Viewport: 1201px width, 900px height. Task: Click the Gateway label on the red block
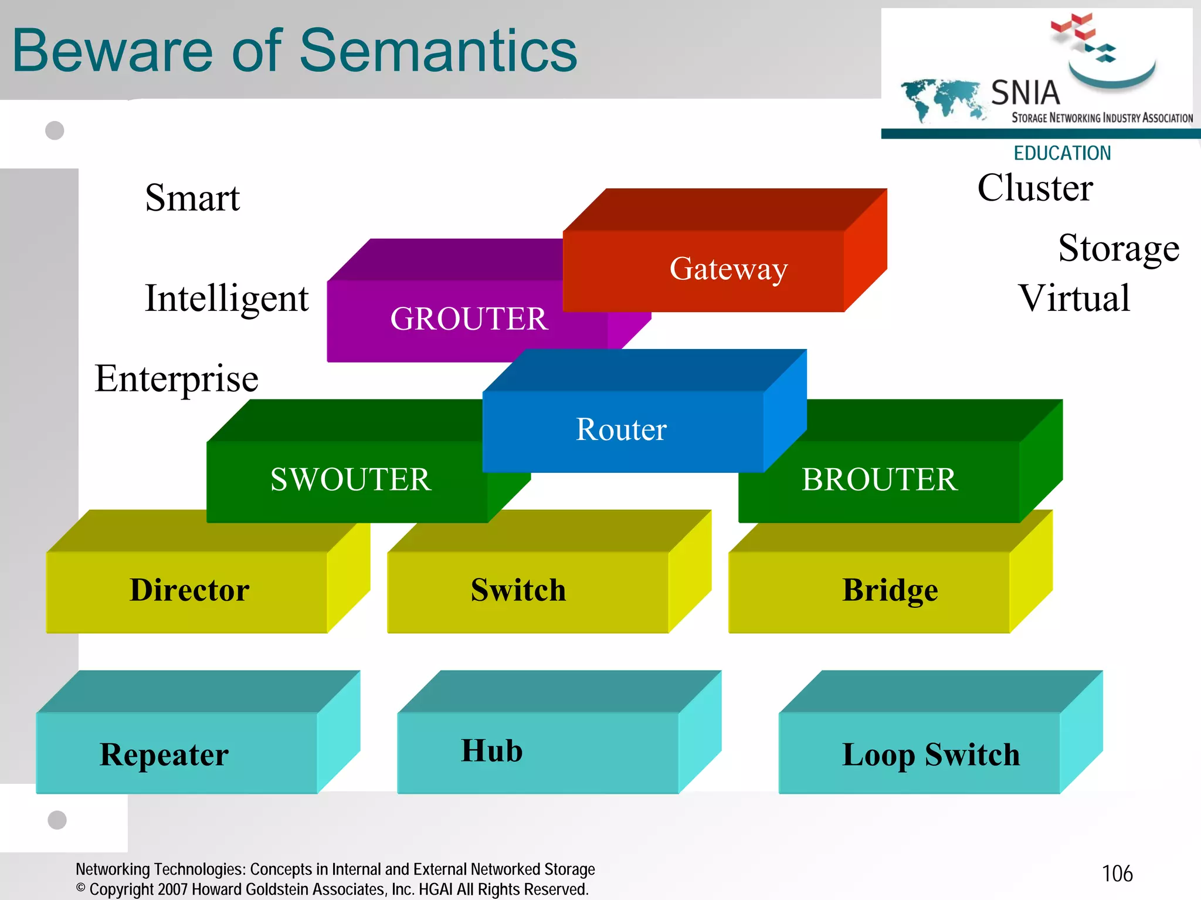pyautogui.click(x=728, y=269)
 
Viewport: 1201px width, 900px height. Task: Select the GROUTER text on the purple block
pyautogui.click(x=469, y=319)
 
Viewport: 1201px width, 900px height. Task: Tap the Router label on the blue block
pyautogui.click(x=621, y=429)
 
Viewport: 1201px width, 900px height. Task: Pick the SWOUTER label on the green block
pyautogui.click(x=351, y=479)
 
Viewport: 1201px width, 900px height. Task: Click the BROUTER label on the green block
pyautogui.click(x=879, y=479)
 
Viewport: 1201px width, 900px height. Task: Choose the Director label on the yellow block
pyautogui.click(x=189, y=590)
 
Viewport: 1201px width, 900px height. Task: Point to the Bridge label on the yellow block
pyautogui.click(x=890, y=590)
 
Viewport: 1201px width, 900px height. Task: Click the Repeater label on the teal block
pyautogui.click(x=164, y=754)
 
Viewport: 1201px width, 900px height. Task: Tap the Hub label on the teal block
pyautogui.click(x=491, y=751)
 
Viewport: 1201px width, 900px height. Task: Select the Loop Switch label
pyautogui.click(x=931, y=754)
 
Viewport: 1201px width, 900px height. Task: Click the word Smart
pyautogui.click(x=192, y=198)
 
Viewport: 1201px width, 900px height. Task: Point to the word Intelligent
pyautogui.click(x=226, y=299)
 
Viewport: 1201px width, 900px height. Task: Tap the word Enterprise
pyautogui.click(x=177, y=379)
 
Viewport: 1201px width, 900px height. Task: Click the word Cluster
pyautogui.click(x=1035, y=188)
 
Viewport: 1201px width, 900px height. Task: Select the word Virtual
pyautogui.click(x=1074, y=298)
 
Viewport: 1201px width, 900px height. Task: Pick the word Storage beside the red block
pyautogui.click(x=1118, y=248)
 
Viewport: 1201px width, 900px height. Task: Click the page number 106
pyautogui.click(x=1117, y=874)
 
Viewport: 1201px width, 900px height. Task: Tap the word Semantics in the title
pyautogui.click(x=438, y=52)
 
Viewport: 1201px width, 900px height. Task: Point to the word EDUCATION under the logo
pyautogui.click(x=1062, y=153)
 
